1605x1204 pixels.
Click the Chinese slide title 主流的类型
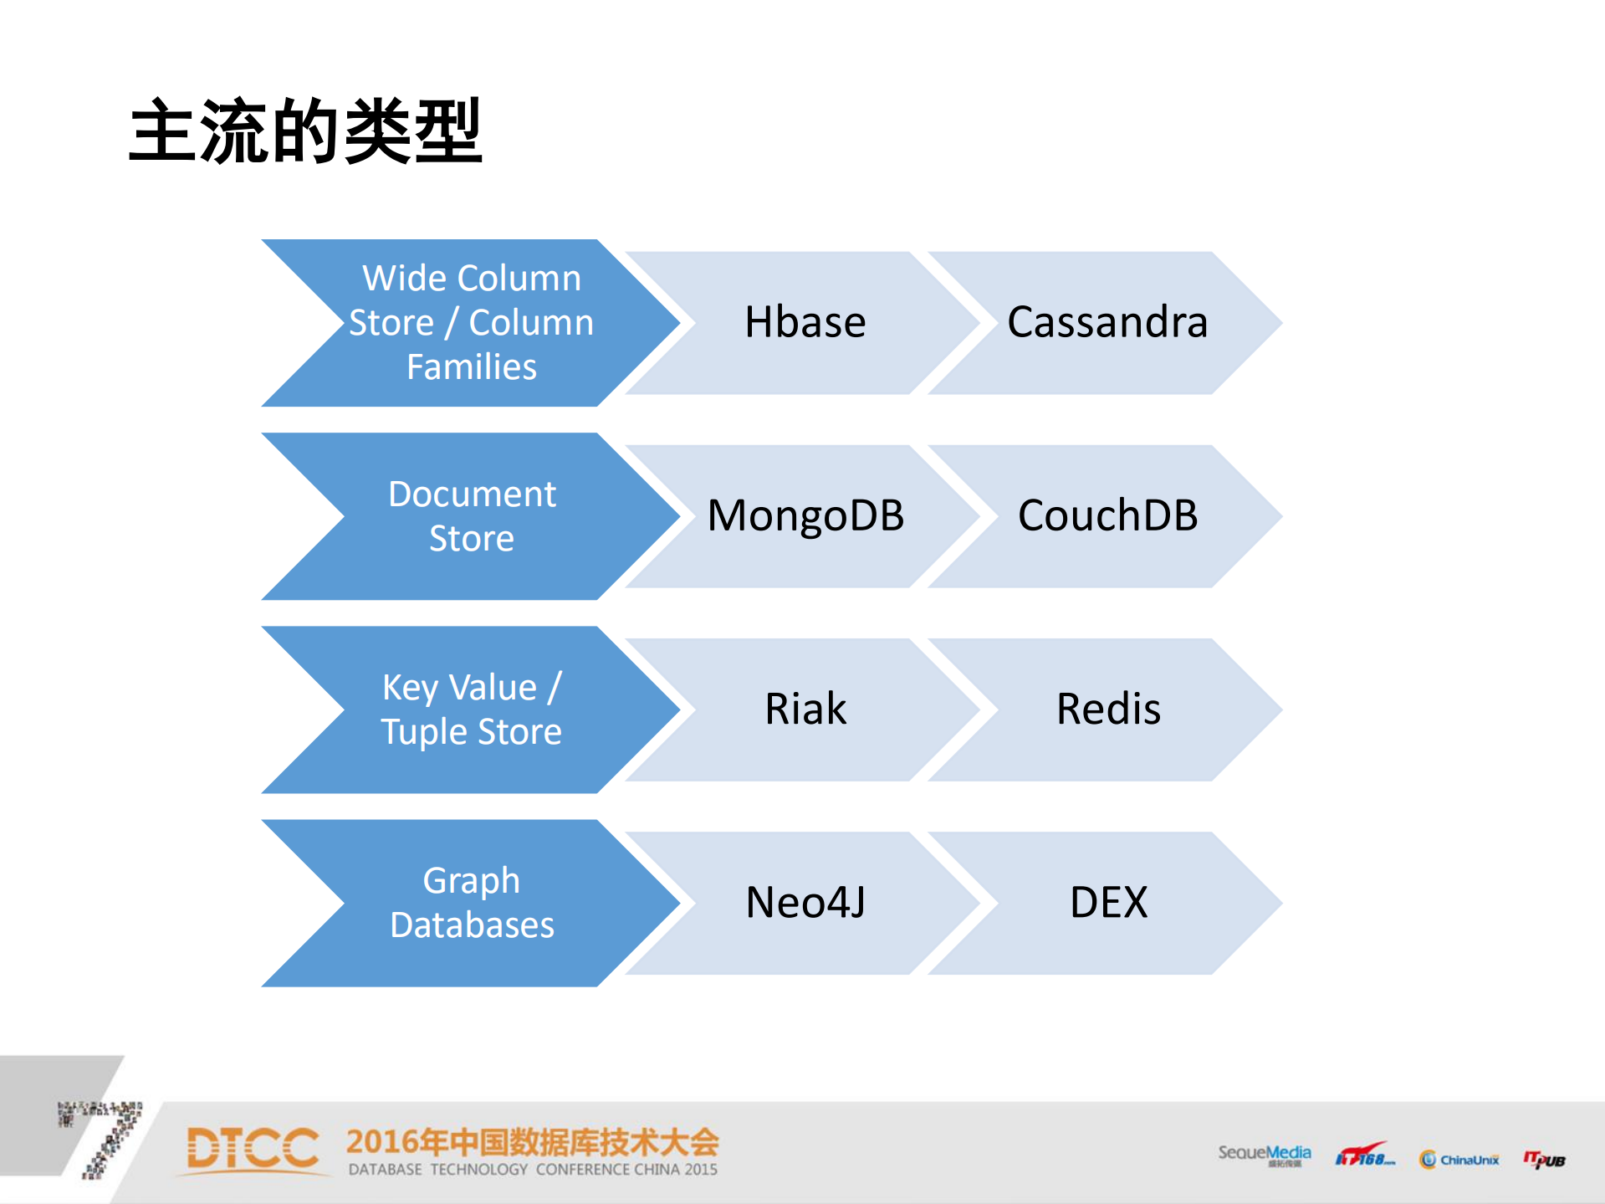tap(305, 131)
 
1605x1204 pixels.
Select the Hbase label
tap(805, 323)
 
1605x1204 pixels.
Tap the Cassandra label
tap(1107, 323)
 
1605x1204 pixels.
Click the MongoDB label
tap(805, 516)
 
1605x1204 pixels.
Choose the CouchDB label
tap(1107, 516)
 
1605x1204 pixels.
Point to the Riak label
tap(805, 710)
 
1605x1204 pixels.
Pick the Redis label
tap(1107, 710)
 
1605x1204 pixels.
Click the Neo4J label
tap(805, 903)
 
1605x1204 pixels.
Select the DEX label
tap(1107, 903)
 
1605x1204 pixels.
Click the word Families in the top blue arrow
tap(471, 367)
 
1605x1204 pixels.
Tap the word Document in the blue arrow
tap(472, 494)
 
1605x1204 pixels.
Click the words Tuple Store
tap(471, 732)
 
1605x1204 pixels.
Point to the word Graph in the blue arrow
tap(471, 881)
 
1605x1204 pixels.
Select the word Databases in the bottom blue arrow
tap(472, 925)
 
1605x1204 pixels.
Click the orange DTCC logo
tap(253, 1149)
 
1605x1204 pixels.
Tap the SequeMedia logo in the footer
tap(1264, 1155)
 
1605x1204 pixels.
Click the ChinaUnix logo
tap(1459, 1159)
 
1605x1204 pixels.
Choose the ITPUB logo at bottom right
tap(1544, 1159)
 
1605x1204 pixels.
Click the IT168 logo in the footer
tap(1364, 1156)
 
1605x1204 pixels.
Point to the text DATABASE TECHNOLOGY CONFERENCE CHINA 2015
tap(533, 1170)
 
